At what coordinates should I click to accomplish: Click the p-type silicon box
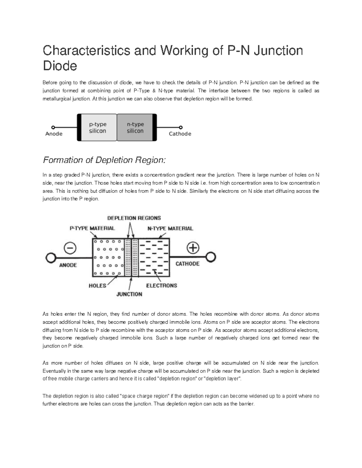click(97, 127)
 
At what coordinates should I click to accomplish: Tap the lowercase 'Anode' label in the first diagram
click(54, 134)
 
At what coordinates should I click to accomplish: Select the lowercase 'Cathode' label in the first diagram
click(180, 134)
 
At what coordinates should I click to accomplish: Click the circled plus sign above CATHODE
click(193, 248)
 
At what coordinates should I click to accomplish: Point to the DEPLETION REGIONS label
click(134, 218)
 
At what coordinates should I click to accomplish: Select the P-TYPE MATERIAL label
click(92, 228)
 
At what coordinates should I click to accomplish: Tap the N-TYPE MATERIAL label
click(170, 228)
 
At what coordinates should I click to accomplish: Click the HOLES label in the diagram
click(97, 286)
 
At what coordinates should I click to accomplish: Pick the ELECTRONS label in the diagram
click(162, 285)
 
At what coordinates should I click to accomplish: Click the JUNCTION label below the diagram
click(129, 294)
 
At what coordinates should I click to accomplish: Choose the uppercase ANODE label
click(68, 265)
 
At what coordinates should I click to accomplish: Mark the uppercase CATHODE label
click(187, 264)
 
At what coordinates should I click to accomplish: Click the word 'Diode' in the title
click(60, 65)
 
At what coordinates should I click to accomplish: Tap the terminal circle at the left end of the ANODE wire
click(50, 258)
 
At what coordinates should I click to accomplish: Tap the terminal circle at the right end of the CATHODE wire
click(211, 257)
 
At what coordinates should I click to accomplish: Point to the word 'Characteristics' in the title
click(86, 50)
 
